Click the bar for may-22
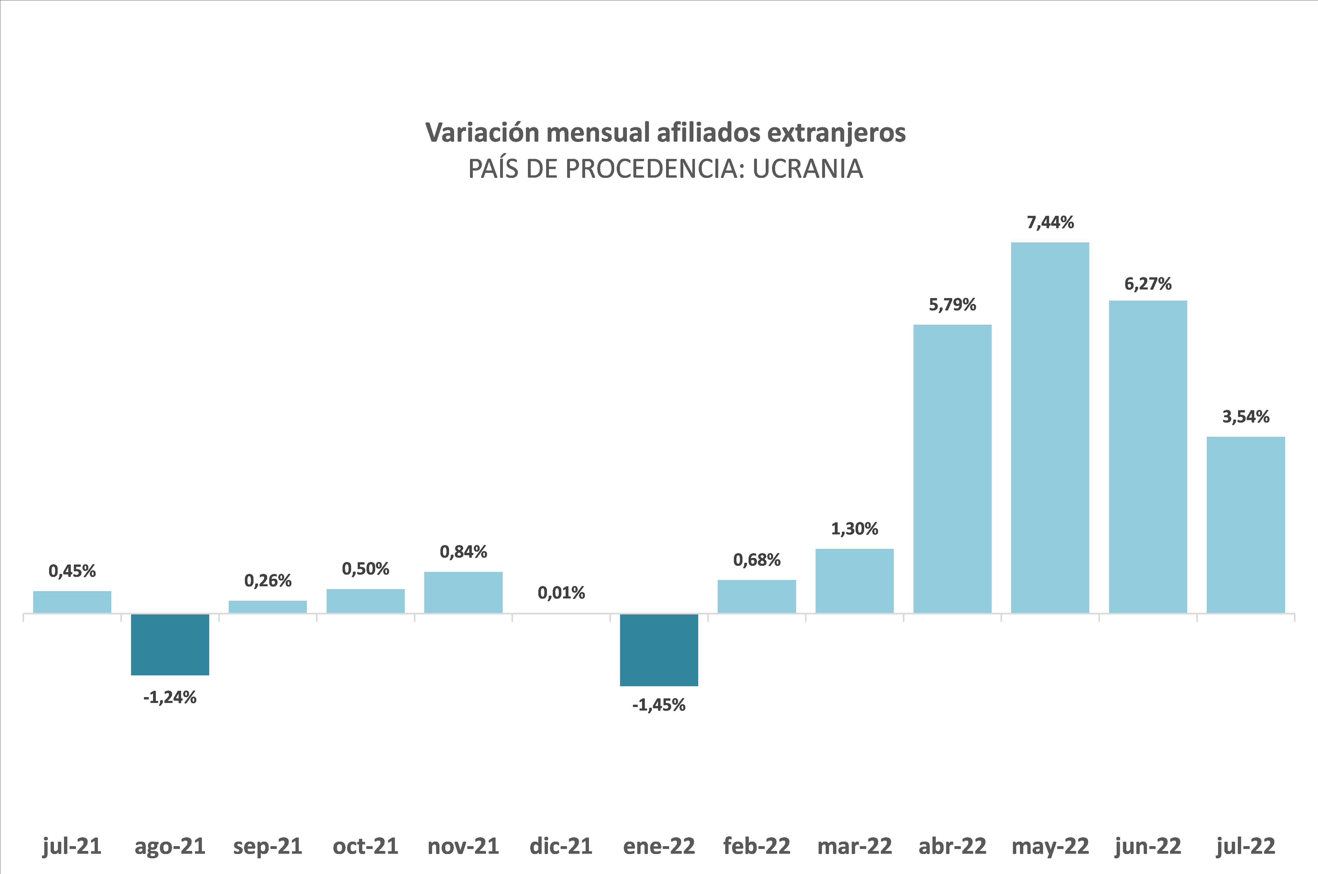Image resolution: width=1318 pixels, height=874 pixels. [1050, 428]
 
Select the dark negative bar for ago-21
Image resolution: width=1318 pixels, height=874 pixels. [170, 644]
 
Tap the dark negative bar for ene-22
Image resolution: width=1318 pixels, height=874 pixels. [659, 650]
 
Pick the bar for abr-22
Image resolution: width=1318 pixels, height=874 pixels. [952, 469]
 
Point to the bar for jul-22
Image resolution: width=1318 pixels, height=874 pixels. [1246, 525]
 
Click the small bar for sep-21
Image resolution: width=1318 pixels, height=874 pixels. [267, 607]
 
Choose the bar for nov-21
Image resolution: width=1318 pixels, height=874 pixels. [463, 593]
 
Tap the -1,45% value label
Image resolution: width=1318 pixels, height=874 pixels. [659, 705]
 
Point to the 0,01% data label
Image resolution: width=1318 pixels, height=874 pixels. [561, 593]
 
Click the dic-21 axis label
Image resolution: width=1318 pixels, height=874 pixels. [561, 846]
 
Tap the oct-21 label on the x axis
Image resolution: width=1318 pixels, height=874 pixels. [366, 846]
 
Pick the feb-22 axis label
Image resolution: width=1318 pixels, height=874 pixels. [757, 846]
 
